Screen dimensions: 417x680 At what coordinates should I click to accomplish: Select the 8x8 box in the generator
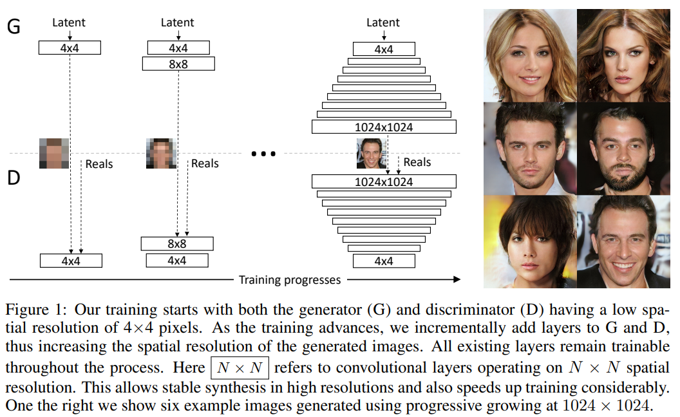(x=177, y=63)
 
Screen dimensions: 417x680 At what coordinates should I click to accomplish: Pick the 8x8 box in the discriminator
(x=177, y=244)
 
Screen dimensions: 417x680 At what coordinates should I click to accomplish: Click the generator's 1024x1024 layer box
(x=384, y=127)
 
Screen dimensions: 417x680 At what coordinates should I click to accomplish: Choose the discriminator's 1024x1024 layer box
(x=384, y=181)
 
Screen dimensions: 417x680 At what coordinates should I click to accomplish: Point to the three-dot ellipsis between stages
(x=263, y=154)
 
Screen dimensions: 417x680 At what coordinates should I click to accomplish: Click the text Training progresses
(x=290, y=280)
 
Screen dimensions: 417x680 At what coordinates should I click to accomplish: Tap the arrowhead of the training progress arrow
(x=457, y=279)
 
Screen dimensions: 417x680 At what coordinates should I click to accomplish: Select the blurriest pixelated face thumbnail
(x=54, y=153)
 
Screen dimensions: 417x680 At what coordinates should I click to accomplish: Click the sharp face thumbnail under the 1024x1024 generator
(x=371, y=153)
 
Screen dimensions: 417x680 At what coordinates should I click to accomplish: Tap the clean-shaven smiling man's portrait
(x=623, y=241)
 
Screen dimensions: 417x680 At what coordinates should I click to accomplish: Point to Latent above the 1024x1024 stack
(x=383, y=23)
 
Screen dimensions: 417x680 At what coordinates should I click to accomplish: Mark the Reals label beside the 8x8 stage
(x=205, y=163)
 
